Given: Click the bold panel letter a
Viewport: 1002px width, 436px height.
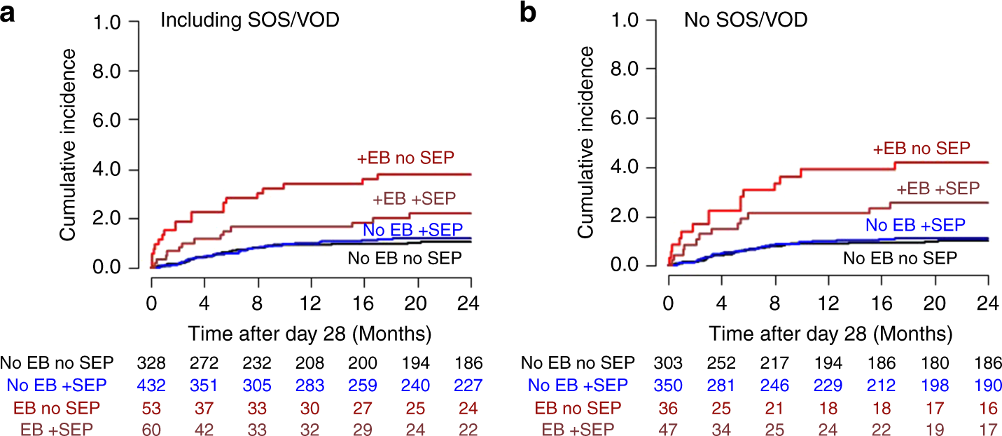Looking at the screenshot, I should click(x=9, y=13).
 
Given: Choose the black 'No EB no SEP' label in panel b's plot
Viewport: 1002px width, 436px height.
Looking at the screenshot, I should click(x=899, y=258).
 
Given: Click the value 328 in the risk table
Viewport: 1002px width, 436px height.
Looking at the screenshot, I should click(x=151, y=363).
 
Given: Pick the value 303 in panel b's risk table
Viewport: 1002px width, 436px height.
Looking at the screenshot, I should click(x=669, y=363).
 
